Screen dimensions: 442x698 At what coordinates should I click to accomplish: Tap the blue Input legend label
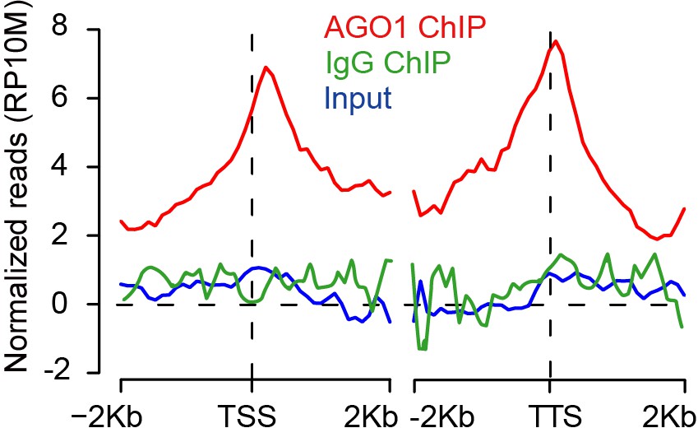coord(358,99)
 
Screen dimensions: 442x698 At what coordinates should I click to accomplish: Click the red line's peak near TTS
coord(557,40)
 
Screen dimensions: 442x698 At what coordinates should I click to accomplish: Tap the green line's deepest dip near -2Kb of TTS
coord(423,349)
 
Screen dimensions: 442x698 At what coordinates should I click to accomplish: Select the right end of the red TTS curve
coord(684,208)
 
